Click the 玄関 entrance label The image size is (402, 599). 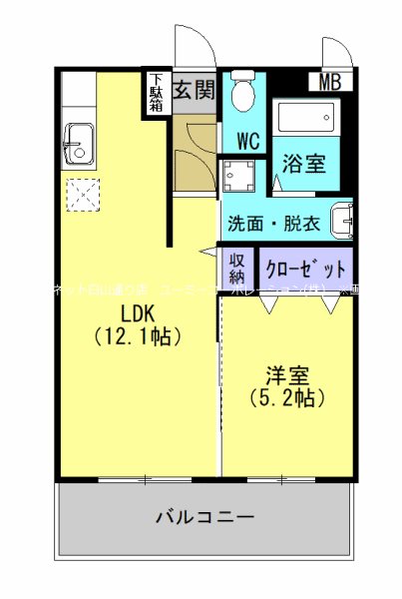[x=194, y=90]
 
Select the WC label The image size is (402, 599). [x=247, y=141]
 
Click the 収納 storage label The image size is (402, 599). [x=237, y=269]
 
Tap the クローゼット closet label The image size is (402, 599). [x=307, y=269]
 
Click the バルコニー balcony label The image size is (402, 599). [x=204, y=517]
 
